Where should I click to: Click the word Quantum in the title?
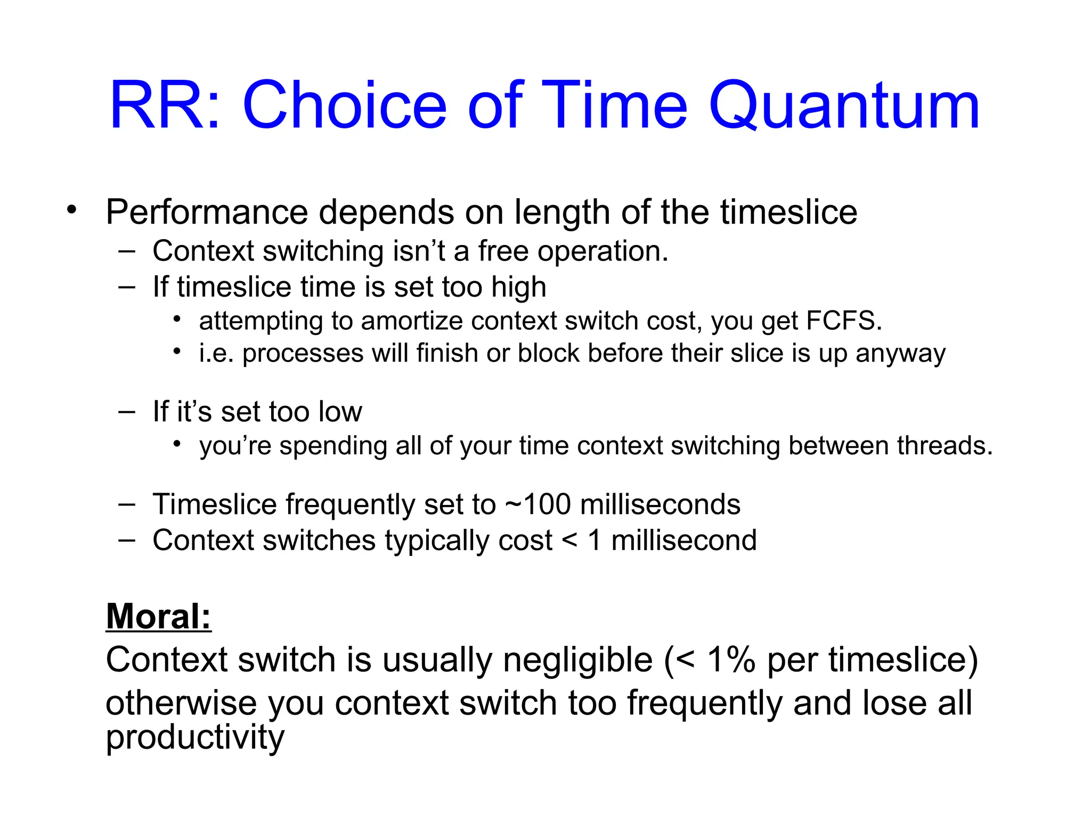pyautogui.click(x=844, y=105)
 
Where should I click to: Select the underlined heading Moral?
pyautogui.click(x=158, y=616)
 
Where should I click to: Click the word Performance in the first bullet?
pyautogui.click(x=207, y=212)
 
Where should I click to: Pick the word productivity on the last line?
pyautogui.click(x=195, y=738)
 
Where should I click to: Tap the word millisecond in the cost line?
pyautogui.click(x=683, y=540)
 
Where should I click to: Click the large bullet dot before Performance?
pyautogui.click(x=72, y=210)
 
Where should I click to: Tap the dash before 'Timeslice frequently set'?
pyautogui.click(x=127, y=504)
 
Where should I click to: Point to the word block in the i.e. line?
pyautogui.click(x=548, y=353)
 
